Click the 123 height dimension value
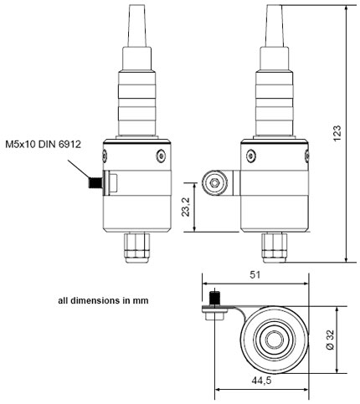(x=337, y=134)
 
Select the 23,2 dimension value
(x=186, y=207)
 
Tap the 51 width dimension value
(x=255, y=275)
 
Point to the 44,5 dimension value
(x=261, y=381)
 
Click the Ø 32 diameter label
(x=330, y=340)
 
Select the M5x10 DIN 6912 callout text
(x=44, y=145)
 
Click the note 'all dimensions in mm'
(x=103, y=301)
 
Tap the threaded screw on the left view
(x=95, y=183)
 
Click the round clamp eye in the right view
(x=214, y=183)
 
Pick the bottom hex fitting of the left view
(x=137, y=248)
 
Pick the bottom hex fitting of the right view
(x=275, y=248)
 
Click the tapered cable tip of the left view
(x=137, y=26)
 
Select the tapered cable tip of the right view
(x=275, y=26)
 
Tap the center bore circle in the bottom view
(x=275, y=340)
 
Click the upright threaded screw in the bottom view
(x=214, y=299)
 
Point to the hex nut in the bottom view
(x=214, y=316)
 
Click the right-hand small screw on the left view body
(x=161, y=156)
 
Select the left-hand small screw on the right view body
(x=251, y=156)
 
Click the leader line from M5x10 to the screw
(x=79, y=169)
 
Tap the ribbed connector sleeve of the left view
(x=137, y=103)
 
